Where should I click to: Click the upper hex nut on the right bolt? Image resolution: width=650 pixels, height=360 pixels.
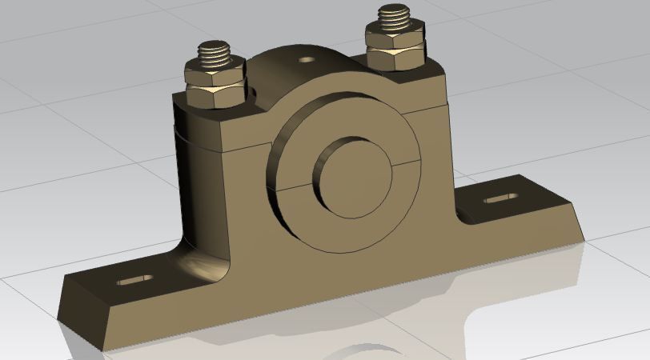tap(395, 38)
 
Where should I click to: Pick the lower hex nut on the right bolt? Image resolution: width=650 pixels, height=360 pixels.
tap(395, 57)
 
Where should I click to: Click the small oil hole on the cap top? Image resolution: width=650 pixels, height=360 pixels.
tap(306, 59)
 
